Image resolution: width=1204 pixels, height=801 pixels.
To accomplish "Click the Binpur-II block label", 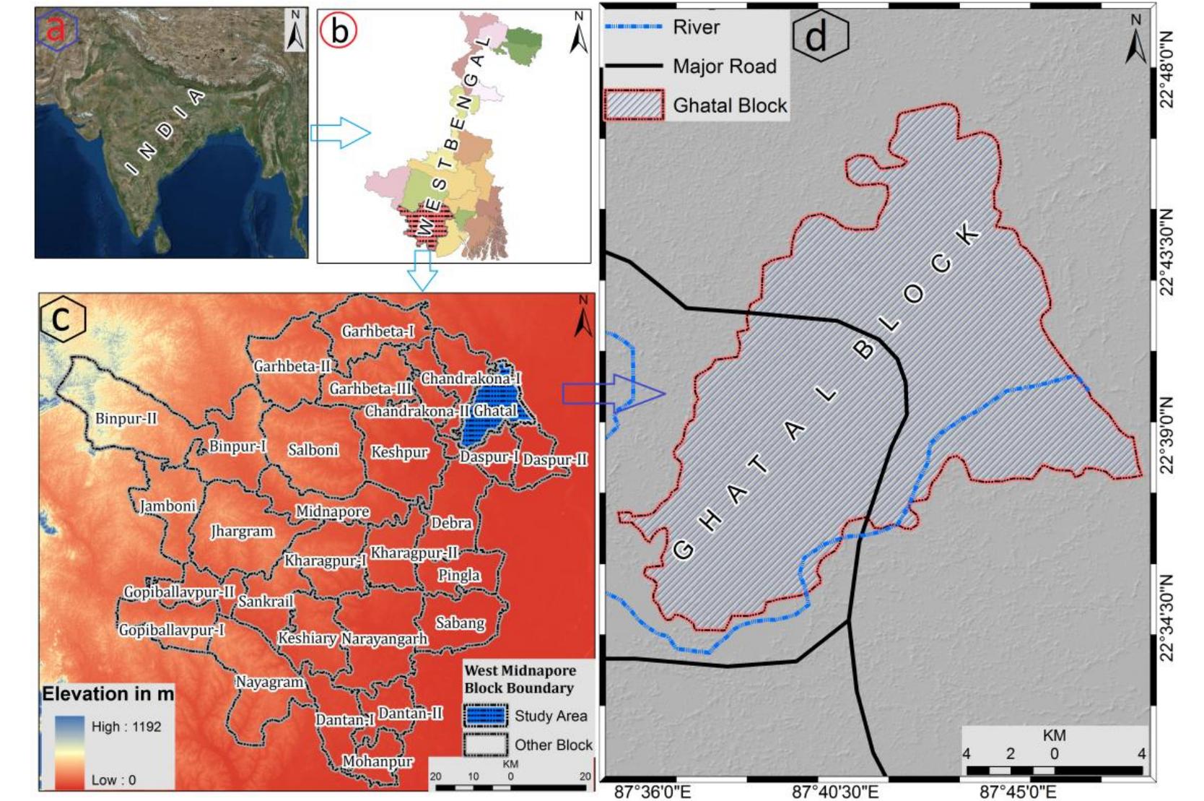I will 126,419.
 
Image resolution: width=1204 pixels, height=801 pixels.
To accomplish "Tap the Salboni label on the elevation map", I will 313,450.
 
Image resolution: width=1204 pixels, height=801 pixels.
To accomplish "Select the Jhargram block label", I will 242,532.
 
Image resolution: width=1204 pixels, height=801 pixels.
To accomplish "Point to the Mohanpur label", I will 378,762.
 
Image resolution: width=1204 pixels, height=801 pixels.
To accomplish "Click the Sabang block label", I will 460,623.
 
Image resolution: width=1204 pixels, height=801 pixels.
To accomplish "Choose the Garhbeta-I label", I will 378,332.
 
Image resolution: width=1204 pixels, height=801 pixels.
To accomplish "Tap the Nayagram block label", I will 269,682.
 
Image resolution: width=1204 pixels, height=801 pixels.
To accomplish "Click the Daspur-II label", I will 555,460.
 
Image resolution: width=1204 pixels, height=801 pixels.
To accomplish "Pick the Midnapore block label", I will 333,512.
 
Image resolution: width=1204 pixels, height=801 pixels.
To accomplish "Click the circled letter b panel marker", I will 339,30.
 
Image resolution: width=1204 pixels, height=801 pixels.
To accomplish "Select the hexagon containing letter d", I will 820,35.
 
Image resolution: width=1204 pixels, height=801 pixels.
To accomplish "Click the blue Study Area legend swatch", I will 485,716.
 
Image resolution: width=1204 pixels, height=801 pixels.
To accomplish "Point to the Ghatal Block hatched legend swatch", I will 633,105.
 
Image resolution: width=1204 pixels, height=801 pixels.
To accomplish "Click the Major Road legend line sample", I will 633,66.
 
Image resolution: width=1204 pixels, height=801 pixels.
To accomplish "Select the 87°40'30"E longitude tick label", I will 836,792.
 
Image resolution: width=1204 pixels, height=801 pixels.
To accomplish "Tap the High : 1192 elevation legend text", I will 126,727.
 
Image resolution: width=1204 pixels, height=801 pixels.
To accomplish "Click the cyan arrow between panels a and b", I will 339,133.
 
